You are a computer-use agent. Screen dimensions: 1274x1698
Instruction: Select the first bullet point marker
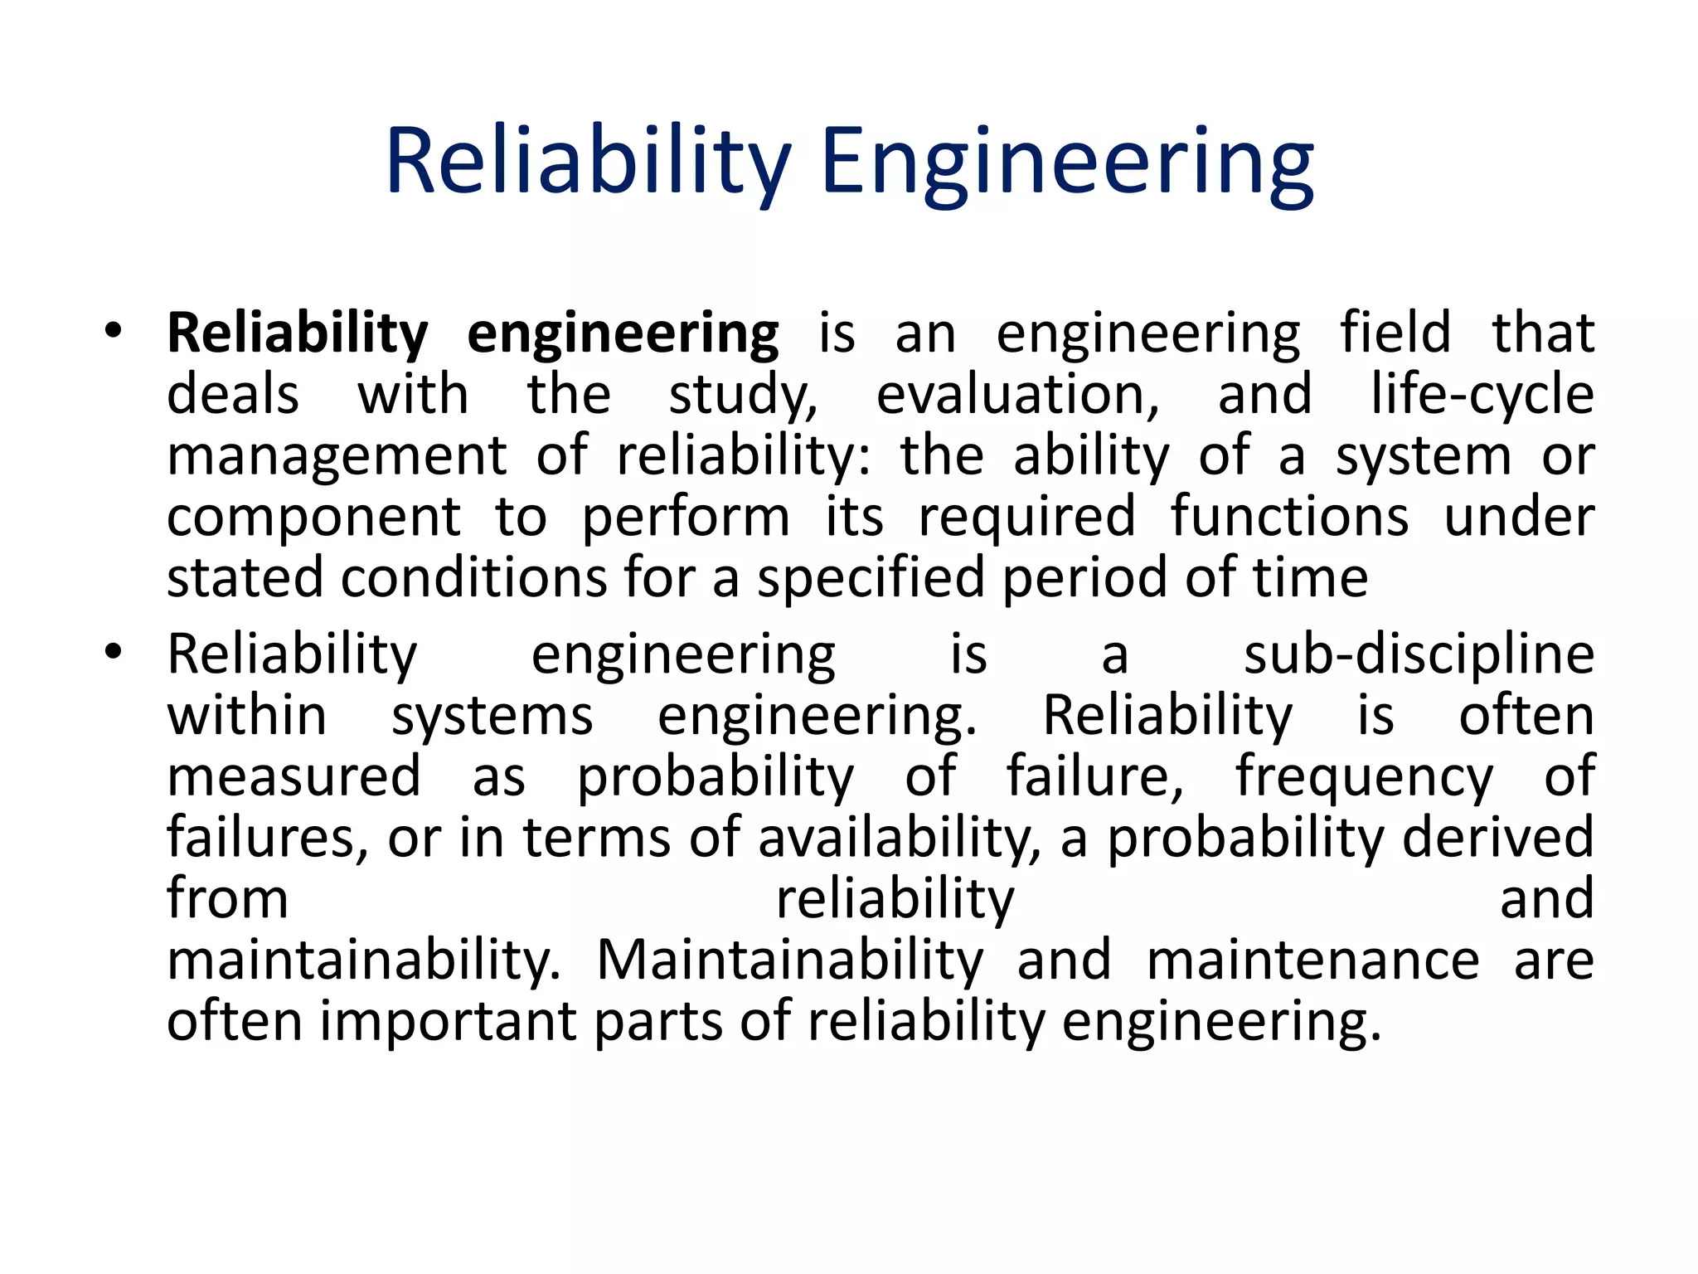[x=114, y=332]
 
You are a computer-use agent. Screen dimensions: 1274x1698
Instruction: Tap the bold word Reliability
[x=298, y=334]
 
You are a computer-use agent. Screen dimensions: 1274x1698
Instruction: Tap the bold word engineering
[x=623, y=334]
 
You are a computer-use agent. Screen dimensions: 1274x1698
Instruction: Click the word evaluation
[x=1017, y=395]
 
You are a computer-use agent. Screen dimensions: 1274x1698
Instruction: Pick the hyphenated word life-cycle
[x=1482, y=395]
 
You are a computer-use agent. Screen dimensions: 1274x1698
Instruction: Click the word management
[x=337, y=457]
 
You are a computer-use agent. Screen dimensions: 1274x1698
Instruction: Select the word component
[x=313, y=518]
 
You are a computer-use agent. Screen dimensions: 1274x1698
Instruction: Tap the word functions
[x=1289, y=517]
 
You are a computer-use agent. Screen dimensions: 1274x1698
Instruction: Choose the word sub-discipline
[x=1419, y=655]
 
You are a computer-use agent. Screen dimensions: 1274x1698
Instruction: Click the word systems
[x=492, y=717]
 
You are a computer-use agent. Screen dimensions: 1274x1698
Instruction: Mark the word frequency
[x=1364, y=779]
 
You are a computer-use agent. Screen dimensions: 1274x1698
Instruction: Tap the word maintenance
[x=1312, y=960]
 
